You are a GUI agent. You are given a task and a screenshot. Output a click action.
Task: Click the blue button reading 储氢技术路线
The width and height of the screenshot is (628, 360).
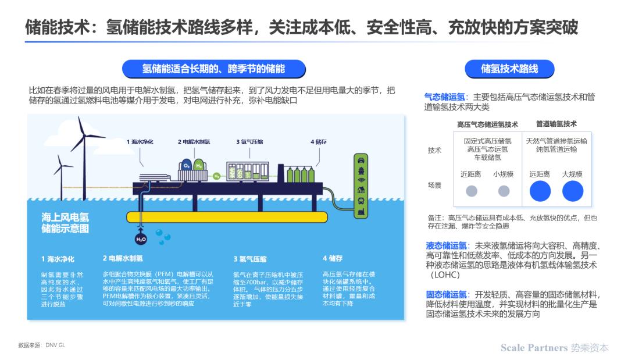(509, 69)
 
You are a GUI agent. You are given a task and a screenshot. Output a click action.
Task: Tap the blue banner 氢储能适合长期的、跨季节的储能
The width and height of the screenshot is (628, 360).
(213, 69)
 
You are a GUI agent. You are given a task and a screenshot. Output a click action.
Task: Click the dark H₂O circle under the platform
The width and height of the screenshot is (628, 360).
(141, 240)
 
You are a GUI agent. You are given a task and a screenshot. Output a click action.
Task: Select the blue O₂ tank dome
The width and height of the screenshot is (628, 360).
(187, 165)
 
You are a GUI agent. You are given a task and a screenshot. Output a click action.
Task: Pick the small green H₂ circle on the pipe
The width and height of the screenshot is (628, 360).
(217, 176)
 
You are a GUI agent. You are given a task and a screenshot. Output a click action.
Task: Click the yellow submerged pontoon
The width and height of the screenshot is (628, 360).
(227, 217)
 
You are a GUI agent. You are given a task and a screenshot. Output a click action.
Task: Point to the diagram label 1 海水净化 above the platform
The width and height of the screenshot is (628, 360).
(140, 142)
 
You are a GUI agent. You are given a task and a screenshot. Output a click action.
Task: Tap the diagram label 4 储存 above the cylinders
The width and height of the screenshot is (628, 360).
(319, 142)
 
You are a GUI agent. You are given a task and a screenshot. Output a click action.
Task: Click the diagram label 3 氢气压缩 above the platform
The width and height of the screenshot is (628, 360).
(249, 142)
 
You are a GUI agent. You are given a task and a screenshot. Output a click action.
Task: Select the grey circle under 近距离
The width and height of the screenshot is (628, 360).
(472, 191)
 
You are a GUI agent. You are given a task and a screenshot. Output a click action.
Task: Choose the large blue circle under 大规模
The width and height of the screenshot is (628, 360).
(573, 191)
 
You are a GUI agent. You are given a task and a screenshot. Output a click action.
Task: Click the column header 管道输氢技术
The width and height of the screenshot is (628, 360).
(556, 124)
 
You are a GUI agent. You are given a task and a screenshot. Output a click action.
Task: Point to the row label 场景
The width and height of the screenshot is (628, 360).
(434, 186)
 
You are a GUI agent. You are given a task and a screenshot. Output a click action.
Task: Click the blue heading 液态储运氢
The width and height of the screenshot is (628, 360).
(446, 245)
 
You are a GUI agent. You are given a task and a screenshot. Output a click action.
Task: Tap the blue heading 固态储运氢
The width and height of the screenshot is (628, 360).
(446, 295)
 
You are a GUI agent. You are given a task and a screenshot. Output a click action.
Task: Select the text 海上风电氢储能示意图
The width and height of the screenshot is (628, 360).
(65, 223)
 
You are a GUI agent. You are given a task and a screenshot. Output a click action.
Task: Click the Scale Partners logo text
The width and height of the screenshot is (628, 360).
(554, 348)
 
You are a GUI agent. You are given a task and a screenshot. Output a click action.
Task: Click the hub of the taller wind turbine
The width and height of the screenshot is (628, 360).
(84, 137)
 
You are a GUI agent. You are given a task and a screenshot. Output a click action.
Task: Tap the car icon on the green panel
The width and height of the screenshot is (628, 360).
(361, 161)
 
